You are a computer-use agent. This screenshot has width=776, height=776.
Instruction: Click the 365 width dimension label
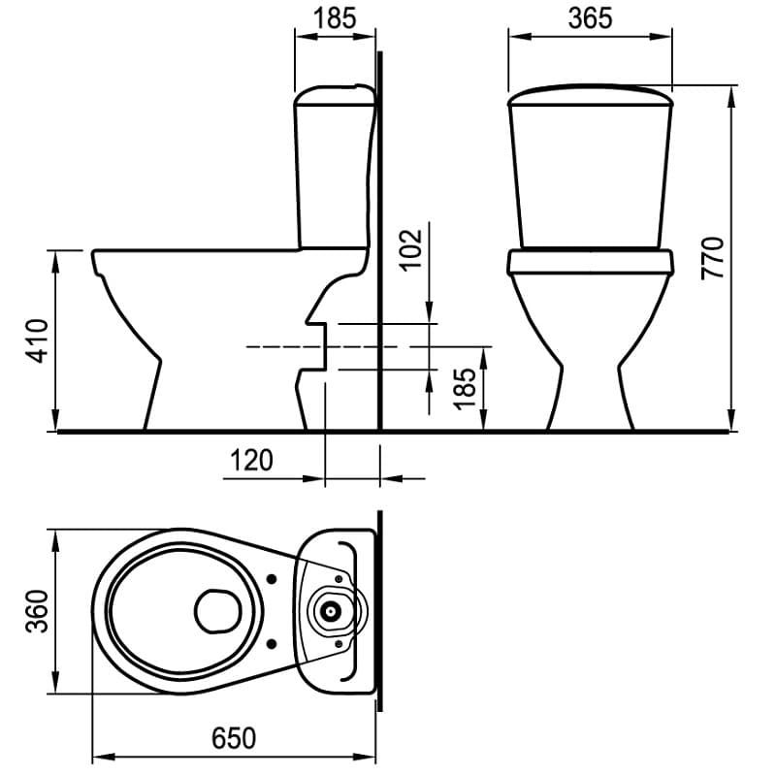pos(590,18)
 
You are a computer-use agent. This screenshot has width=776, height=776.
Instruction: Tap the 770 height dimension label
pos(713,258)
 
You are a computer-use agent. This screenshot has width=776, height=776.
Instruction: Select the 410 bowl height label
pos(38,341)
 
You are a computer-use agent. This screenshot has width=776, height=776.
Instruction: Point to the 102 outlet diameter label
pos(411,250)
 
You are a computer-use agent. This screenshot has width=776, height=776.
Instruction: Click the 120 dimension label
pos(251,460)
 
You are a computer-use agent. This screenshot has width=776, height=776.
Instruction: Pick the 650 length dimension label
pos(234,738)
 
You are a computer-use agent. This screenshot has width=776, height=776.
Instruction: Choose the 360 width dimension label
pos(38,611)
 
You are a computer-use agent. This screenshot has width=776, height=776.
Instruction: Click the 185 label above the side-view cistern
pos(335,18)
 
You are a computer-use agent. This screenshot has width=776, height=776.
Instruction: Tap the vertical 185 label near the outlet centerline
pos(466,389)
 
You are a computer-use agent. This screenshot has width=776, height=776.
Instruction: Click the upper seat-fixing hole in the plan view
pos(272,578)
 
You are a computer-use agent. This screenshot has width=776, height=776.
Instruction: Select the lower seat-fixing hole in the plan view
pos(272,643)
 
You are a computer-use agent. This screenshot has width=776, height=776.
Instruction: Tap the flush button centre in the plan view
pos(329,611)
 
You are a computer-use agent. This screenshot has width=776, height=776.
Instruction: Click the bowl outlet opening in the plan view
pos(217,611)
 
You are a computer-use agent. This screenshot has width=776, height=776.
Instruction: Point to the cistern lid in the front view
pos(591,95)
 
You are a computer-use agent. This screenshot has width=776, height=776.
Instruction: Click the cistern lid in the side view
pos(335,95)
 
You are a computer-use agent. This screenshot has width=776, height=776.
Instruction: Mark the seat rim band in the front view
pos(591,262)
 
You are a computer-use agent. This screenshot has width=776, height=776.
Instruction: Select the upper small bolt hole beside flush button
pos(339,579)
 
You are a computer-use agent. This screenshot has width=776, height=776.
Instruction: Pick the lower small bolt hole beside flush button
pos(339,643)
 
